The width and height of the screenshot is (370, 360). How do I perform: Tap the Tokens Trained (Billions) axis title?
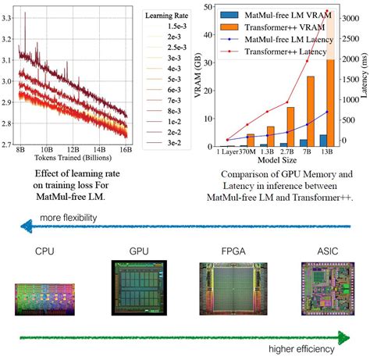(73, 159)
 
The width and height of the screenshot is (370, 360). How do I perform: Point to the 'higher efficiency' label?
(305, 348)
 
